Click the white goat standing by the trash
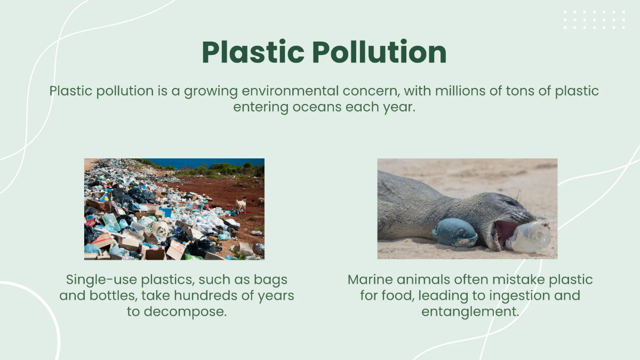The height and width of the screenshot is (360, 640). tap(241, 204)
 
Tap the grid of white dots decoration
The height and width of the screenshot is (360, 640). tap(595, 20)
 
